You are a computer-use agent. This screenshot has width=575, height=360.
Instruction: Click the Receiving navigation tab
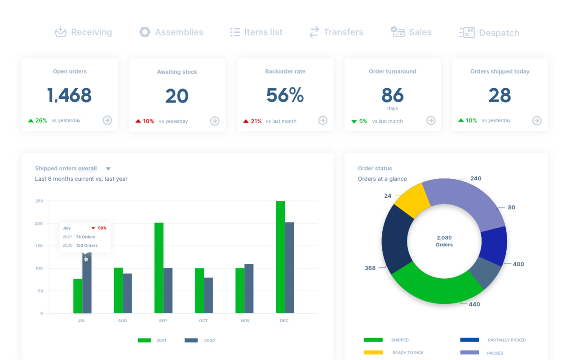click(84, 32)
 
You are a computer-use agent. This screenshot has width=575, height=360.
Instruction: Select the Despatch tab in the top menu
click(489, 33)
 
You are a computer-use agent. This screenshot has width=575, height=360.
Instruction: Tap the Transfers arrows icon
click(314, 32)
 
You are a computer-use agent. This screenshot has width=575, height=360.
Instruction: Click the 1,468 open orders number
click(70, 95)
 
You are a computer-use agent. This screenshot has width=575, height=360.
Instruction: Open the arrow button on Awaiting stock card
click(215, 121)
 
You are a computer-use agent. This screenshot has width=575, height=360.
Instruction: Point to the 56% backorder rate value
click(285, 95)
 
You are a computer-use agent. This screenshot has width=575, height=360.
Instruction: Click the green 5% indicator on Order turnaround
click(359, 121)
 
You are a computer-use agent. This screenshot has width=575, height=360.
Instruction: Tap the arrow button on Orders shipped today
click(537, 120)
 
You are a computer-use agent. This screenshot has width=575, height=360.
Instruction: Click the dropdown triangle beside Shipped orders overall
click(108, 169)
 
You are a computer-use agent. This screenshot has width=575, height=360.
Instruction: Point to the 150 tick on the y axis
click(39, 246)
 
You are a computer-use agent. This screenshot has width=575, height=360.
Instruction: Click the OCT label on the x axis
click(203, 321)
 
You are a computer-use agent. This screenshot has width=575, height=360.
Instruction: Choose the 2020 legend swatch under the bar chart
click(191, 340)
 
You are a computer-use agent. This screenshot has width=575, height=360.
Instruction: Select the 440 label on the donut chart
click(474, 304)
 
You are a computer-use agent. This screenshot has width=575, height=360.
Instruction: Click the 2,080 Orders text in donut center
click(444, 241)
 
